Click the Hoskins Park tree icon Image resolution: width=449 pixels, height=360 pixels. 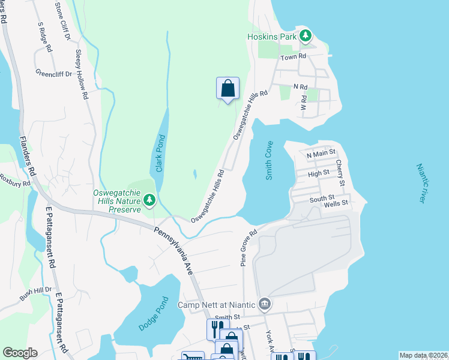point(306,36)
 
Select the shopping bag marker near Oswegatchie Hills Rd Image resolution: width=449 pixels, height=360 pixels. point(228,89)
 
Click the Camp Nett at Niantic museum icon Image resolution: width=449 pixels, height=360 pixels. point(264,305)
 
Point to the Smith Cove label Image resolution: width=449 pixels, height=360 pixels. point(269,161)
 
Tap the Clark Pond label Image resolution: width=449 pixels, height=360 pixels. point(160,153)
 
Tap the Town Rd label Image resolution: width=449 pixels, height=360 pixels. point(294,56)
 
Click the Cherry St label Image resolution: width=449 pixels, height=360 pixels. point(340,172)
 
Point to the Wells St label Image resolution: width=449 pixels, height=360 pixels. point(336,204)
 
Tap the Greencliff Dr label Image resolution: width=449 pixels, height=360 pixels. point(53,74)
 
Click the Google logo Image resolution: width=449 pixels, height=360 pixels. point(20,353)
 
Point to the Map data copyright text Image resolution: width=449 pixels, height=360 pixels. point(423,355)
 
